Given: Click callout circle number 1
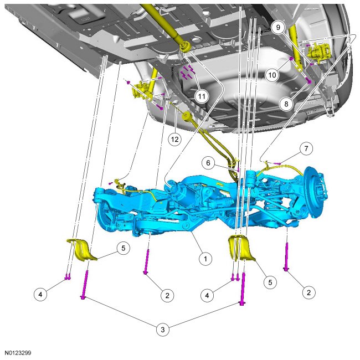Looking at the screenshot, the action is [x=205, y=259].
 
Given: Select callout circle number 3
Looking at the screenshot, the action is [x=162, y=330].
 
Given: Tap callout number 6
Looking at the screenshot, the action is [x=208, y=163].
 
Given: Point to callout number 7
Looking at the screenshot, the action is [x=306, y=148].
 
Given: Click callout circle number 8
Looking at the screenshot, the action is [x=286, y=104].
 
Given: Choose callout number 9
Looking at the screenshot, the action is [x=278, y=27].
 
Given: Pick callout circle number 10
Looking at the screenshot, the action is [x=272, y=75].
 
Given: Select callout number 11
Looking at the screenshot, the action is [x=202, y=96].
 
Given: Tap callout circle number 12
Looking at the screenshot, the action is [x=174, y=139].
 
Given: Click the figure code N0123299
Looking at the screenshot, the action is [x=18, y=353].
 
